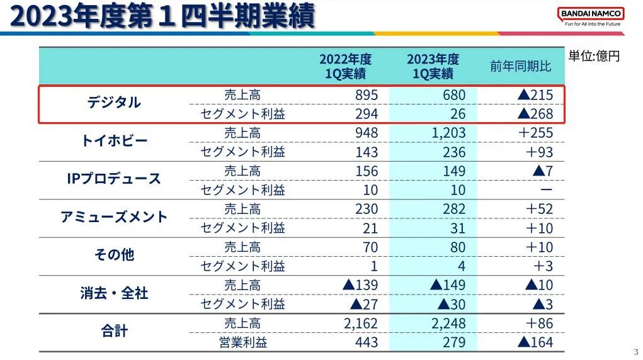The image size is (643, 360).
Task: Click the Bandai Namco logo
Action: (591, 16)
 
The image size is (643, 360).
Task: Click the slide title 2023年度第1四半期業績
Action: (162, 16)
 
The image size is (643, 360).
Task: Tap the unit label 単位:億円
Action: (594, 56)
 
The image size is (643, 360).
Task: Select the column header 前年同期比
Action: (520, 66)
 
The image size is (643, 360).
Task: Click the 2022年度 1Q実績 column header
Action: (345, 66)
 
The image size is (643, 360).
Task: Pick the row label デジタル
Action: (114, 102)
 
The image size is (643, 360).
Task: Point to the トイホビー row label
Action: (114, 140)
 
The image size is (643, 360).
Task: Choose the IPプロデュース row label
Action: (114, 179)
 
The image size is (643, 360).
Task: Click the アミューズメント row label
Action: (114, 217)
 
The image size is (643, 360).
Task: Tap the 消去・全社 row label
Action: (114, 293)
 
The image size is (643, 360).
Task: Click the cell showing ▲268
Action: (535, 114)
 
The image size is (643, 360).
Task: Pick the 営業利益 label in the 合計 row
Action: (242, 342)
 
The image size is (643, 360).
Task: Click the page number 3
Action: (635, 351)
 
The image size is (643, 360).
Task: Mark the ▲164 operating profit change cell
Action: (535, 342)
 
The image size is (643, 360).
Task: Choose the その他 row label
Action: (114, 255)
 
